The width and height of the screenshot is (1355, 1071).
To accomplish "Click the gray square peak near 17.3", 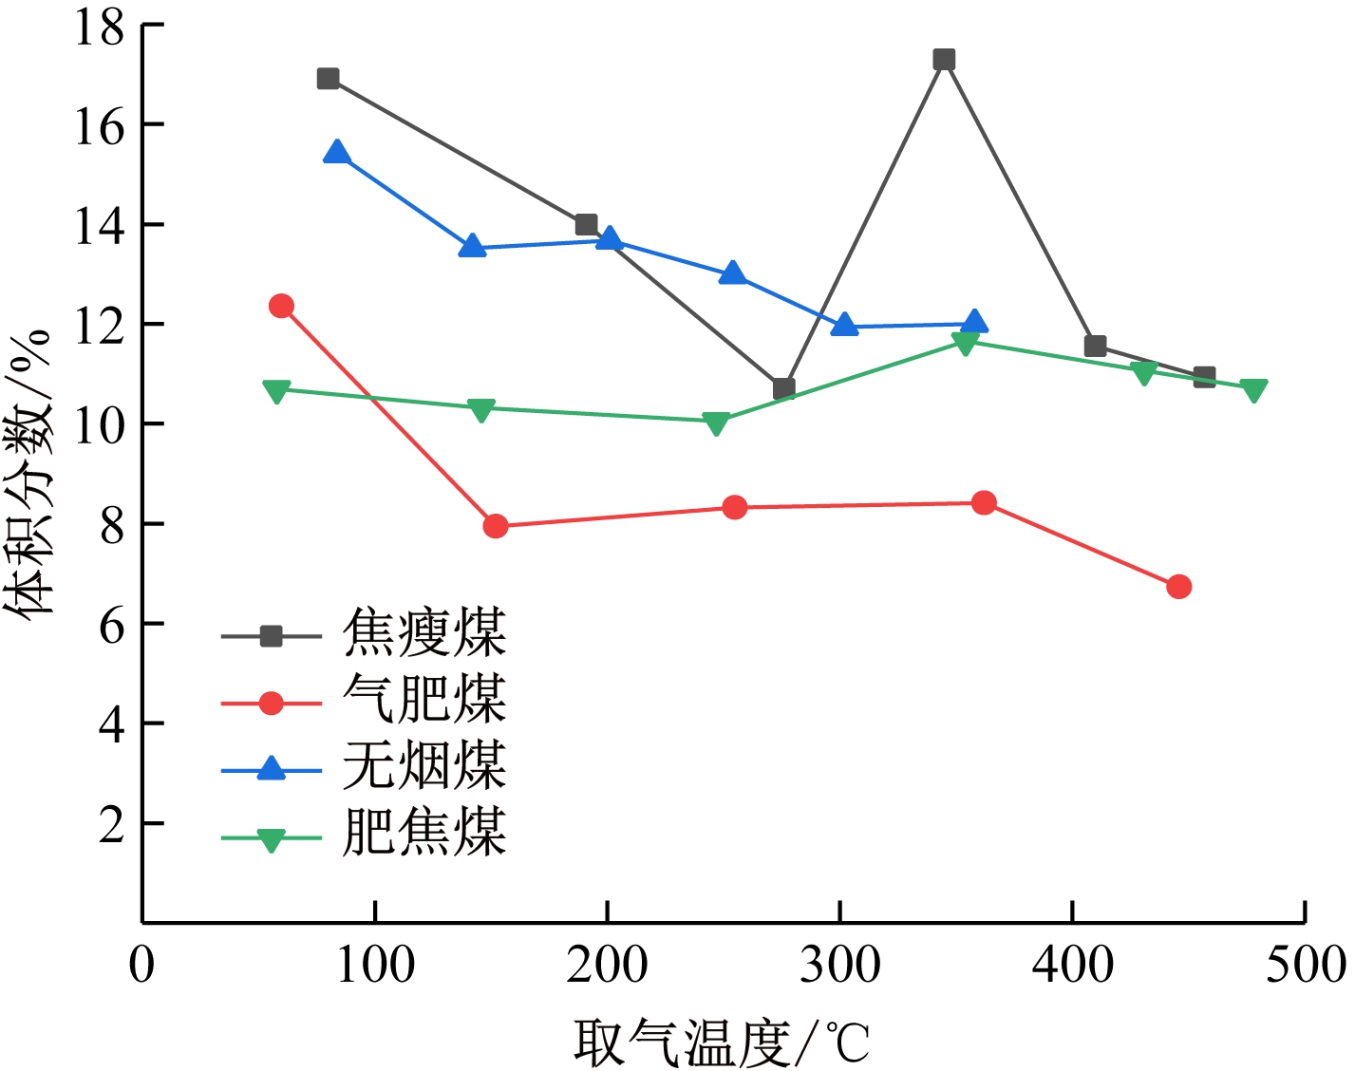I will (x=943, y=60).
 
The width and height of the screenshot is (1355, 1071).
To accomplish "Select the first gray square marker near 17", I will (x=328, y=79).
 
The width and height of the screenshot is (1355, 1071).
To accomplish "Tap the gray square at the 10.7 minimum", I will (x=783, y=388).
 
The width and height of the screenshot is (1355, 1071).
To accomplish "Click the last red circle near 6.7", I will (x=1178, y=587).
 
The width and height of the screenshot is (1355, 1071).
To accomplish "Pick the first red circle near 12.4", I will (x=281, y=306).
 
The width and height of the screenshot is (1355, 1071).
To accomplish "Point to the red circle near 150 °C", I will (x=495, y=526).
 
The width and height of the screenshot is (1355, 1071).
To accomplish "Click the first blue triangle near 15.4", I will (x=336, y=153).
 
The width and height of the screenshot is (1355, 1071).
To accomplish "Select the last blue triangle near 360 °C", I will (x=974, y=323).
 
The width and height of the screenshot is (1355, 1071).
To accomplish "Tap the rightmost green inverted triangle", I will (x=1253, y=390).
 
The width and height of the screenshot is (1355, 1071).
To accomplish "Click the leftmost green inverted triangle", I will (x=276, y=391).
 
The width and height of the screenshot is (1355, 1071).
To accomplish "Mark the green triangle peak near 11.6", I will (x=965, y=343).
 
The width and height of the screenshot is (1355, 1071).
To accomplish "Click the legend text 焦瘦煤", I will (x=424, y=634).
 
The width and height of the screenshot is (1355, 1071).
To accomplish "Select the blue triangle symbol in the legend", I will (x=272, y=769).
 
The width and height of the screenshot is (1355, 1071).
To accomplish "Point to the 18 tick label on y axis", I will (x=100, y=27).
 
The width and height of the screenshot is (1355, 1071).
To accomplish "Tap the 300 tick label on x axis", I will (x=839, y=966).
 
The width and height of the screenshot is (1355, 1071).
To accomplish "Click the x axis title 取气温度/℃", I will (x=722, y=1043).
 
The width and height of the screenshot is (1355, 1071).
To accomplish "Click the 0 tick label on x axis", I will (x=142, y=966).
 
